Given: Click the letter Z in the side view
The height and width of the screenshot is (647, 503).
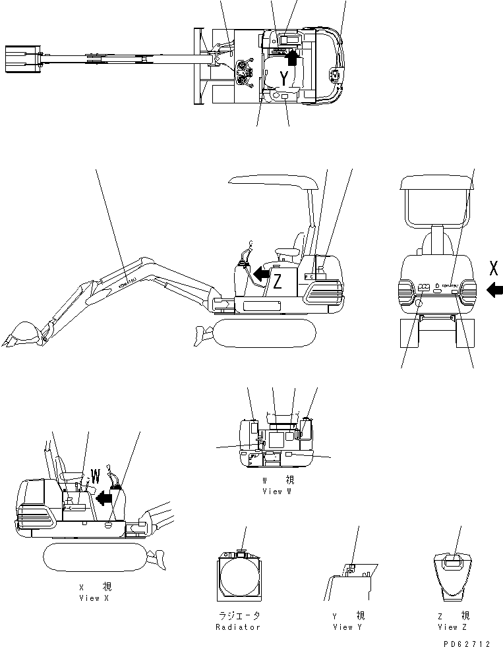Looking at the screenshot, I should click(278, 281).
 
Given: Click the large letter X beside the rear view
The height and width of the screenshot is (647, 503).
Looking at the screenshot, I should click(494, 268).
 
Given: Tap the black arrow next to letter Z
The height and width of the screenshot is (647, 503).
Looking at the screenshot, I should click(261, 272).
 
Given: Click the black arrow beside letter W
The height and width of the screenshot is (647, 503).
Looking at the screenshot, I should click(104, 499).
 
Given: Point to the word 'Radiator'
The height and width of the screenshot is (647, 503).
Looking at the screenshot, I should click(239, 627).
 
